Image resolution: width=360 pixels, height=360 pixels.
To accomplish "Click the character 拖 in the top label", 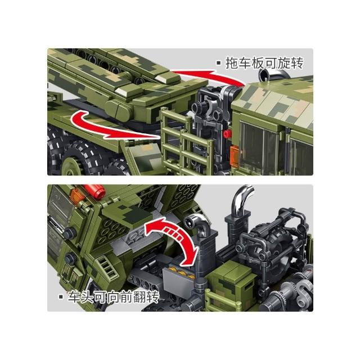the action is click(x=231, y=63).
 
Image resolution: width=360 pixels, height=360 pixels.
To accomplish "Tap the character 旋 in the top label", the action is click(x=283, y=63).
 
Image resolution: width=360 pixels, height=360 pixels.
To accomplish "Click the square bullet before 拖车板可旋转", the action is click(x=219, y=63).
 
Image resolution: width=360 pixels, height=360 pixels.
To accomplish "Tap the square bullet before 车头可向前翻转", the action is click(x=61, y=297).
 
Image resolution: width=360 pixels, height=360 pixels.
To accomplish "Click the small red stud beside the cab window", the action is click(x=227, y=133).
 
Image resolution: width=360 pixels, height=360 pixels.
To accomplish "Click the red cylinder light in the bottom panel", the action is click(x=95, y=190).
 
